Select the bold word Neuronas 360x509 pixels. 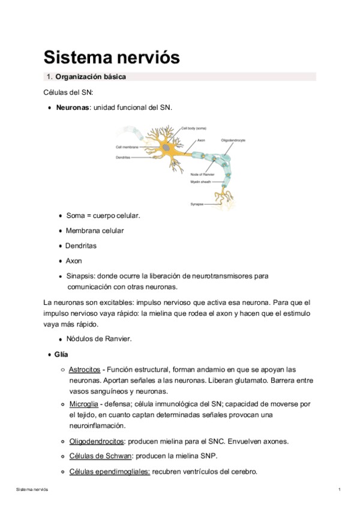tap(73, 108)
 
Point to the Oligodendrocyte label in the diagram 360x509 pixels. tap(233, 140)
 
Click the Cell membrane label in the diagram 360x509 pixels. tap(127, 147)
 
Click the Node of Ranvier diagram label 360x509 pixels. tap(203, 175)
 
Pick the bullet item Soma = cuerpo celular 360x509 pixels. tap(103, 215)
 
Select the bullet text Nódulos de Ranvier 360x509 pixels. tap(98, 339)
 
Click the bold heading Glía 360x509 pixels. tap(61, 355)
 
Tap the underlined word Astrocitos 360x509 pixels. tap(84, 370)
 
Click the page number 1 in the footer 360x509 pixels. tap(339, 490)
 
